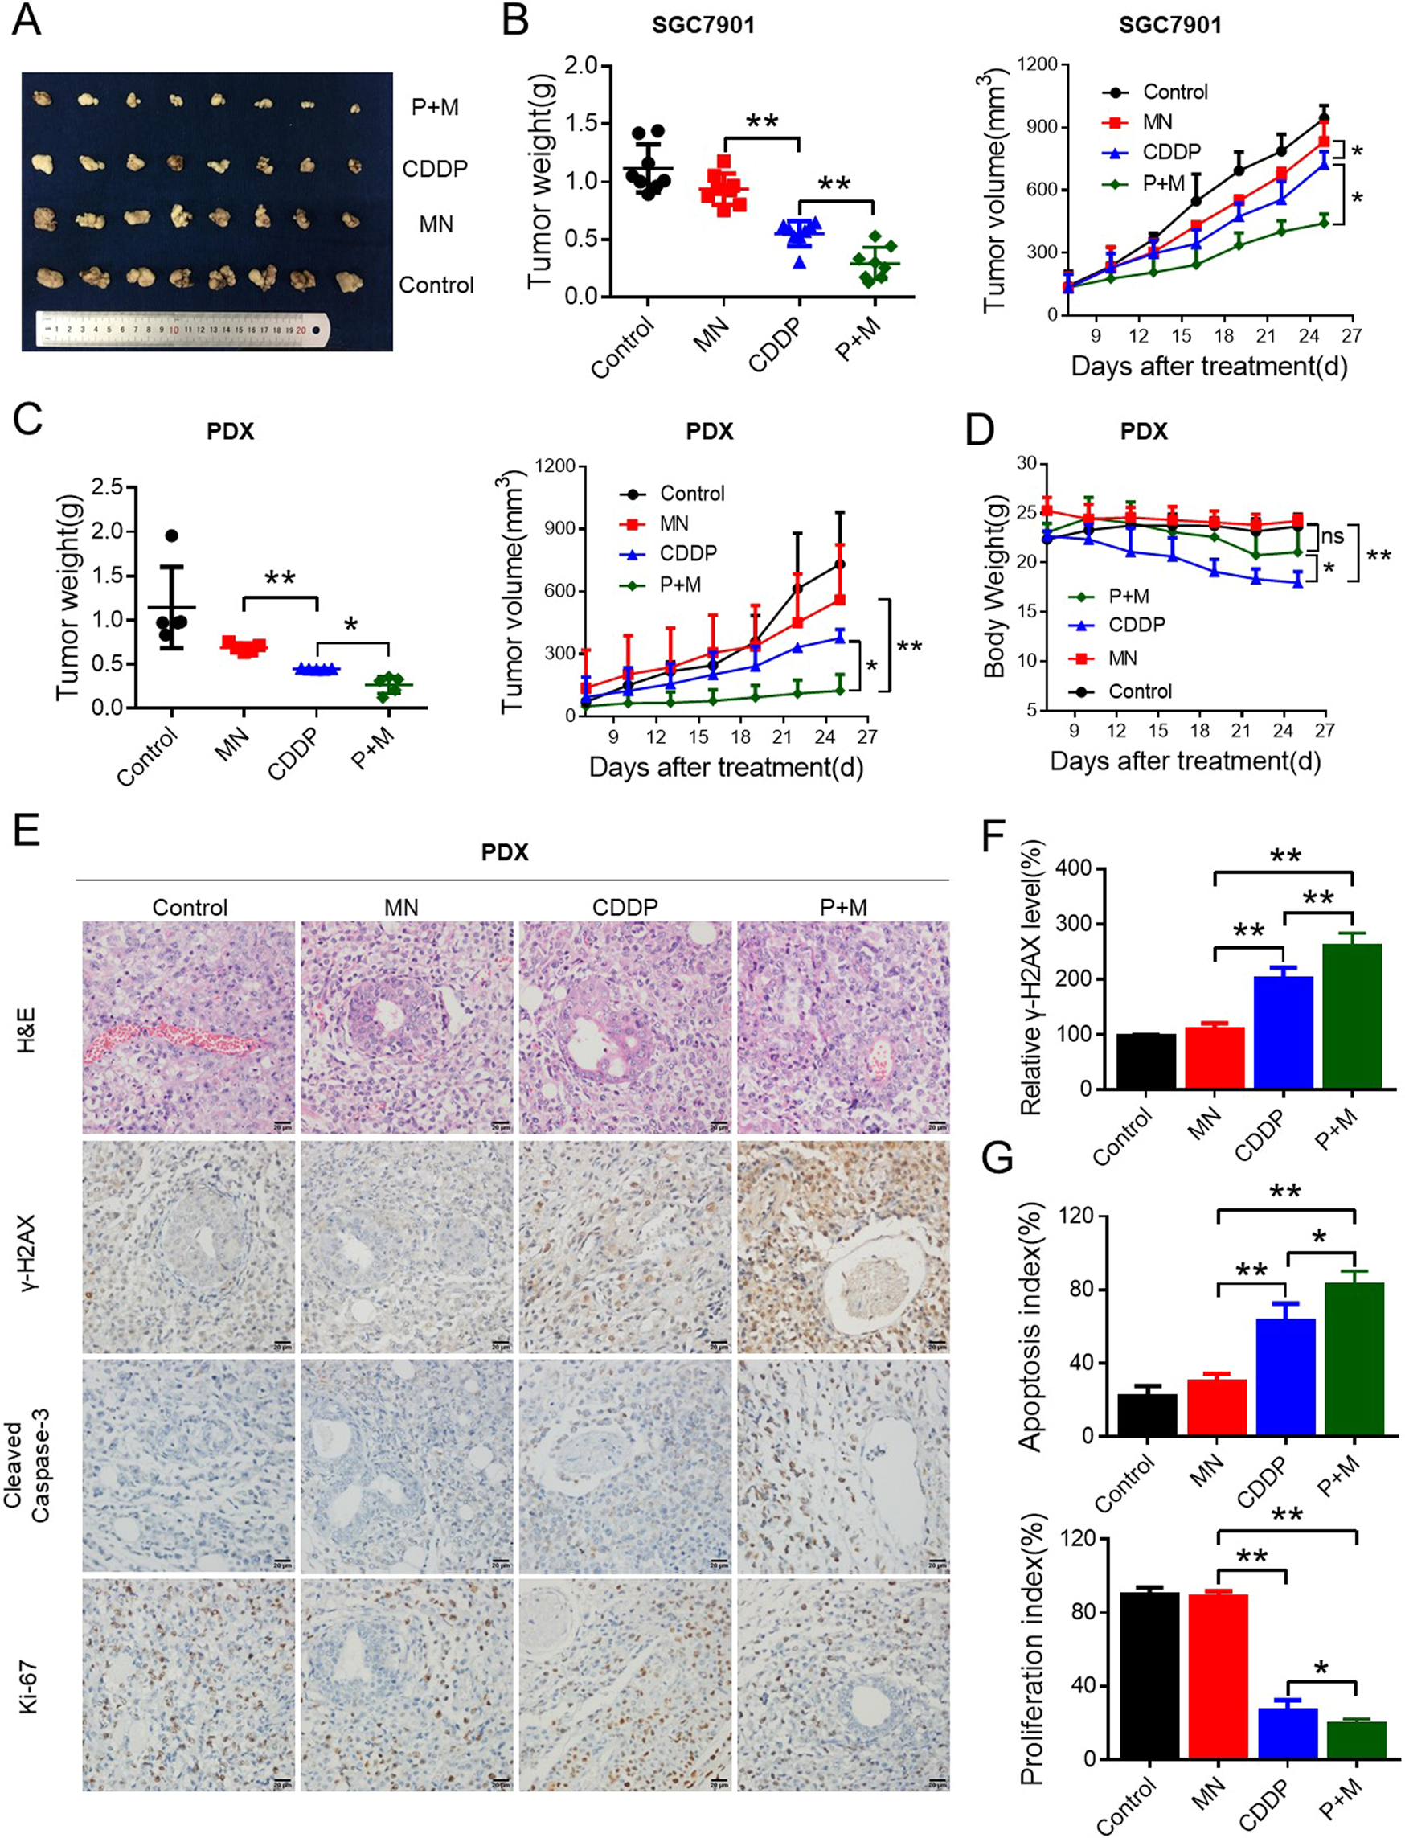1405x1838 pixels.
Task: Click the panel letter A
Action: (x=27, y=20)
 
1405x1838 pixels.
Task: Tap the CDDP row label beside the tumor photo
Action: (x=434, y=169)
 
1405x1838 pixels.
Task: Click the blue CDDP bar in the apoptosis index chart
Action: (x=1285, y=1377)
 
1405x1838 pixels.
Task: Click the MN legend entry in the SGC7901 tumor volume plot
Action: (x=1157, y=122)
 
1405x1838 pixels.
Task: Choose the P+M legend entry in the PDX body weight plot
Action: (x=1129, y=597)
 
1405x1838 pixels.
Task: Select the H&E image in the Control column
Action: (x=189, y=1028)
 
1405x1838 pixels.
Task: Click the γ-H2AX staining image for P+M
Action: (x=843, y=1247)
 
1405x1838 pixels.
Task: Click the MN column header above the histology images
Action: (x=401, y=908)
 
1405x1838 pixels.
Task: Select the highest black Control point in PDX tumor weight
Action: (x=172, y=535)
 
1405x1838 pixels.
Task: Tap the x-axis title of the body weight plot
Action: (x=1185, y=762)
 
